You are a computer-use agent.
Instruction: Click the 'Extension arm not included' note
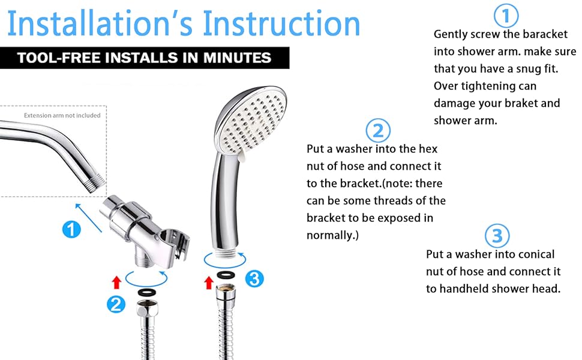(62, 115)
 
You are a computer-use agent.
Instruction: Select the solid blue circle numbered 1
(71, 229)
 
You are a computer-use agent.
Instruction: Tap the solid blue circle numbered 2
(116, 304)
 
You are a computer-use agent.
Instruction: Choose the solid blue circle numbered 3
(254, 278)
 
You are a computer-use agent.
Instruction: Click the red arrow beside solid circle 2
(116, 281)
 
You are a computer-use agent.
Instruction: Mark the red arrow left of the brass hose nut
(209, 282)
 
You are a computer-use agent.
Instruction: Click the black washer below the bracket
(145, 292)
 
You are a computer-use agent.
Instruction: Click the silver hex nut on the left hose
(145, 311)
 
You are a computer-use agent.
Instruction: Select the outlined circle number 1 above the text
(505, 16)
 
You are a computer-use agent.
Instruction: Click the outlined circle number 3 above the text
(497, 235)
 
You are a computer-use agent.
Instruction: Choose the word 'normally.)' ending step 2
(332, 235)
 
